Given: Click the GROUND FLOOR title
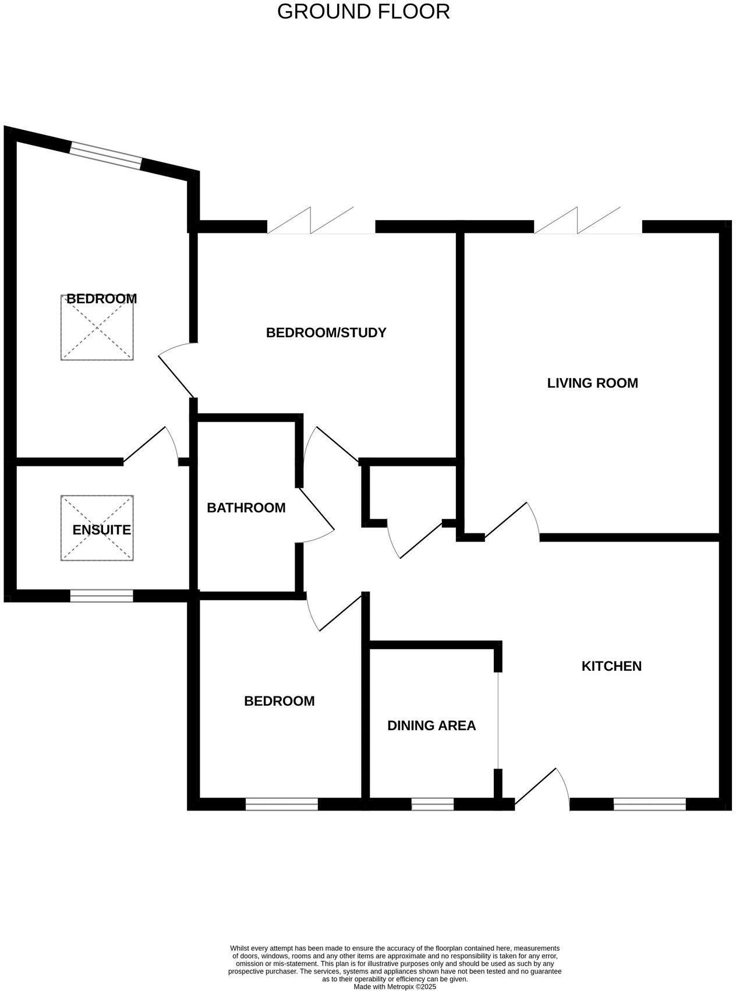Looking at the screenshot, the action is pos(363,11).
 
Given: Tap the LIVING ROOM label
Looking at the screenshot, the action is pos(592,383).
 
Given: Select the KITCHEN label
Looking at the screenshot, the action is pos(611,666).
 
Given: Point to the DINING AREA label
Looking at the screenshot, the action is pos(431,725).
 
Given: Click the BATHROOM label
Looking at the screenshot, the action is pos(246,508).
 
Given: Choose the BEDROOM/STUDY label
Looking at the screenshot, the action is pos(326,332).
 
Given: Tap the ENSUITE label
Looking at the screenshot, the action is pos(101,530).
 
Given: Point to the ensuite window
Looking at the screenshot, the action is pos(102,596).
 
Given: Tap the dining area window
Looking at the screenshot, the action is pos(433,804).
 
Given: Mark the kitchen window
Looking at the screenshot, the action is pos(650,804).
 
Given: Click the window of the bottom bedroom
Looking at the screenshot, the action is pos(282,804).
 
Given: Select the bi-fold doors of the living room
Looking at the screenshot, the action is pos(588,221).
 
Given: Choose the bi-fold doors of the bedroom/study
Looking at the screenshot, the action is pos(321,221).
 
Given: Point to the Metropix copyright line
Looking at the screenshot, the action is pos(395,987).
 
